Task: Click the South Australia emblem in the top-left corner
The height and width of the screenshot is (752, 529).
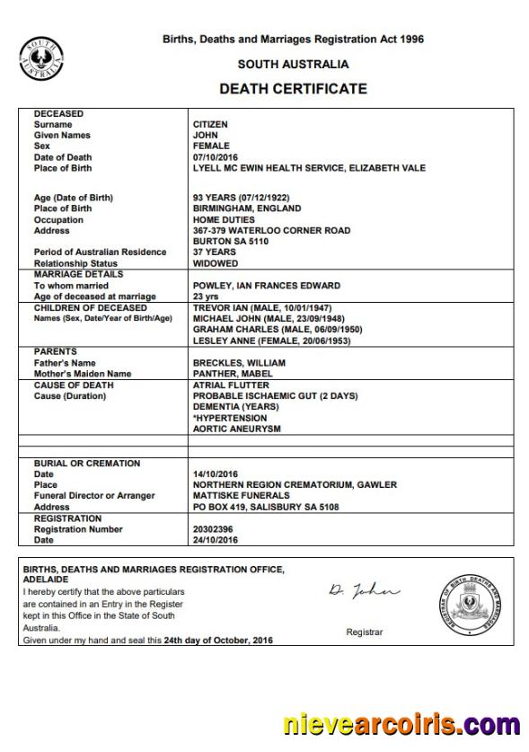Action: coord(40,58)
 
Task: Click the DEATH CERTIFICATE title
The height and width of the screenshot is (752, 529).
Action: coord(293,89)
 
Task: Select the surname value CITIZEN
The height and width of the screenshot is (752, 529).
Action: coord(210,124)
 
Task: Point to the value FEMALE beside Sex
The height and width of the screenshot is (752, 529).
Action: coord(211,146)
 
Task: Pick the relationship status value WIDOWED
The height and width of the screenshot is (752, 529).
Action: coord(216,263)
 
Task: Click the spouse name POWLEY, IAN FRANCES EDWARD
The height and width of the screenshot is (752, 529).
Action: coord(266,286)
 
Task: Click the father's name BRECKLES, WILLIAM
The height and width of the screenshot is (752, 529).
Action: coord(239,362)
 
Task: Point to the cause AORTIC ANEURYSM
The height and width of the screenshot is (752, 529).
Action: coord(236,429)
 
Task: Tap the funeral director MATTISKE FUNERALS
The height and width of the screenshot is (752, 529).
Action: coord(241,495)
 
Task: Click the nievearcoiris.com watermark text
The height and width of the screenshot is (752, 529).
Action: coord(400,724)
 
